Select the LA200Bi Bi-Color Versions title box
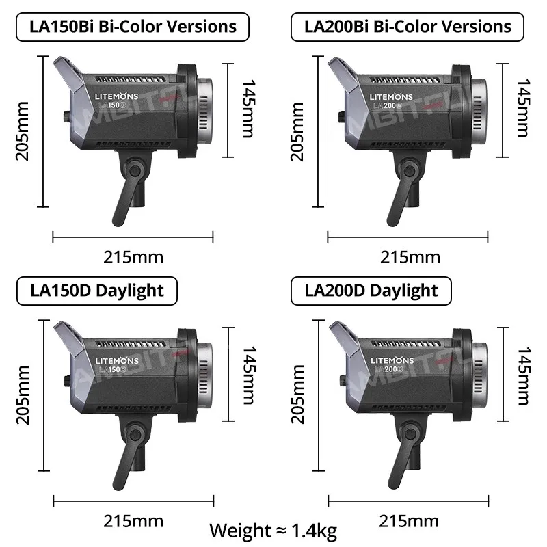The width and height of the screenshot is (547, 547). click(x=408, y=27)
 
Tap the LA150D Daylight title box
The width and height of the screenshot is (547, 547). click(x=97, y=290)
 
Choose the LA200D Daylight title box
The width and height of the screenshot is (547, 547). click(x=371, y=290)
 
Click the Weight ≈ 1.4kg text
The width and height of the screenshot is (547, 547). click(x=272, y=530)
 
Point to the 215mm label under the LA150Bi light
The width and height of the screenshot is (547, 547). click(x=133, y=257)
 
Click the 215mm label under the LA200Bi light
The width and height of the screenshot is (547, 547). click(x=410, y=257)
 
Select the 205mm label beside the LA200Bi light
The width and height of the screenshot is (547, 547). click(x=297, y=131)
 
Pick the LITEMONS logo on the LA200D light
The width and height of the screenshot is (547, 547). click(x=392, y=360)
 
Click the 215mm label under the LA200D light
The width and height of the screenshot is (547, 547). click(x=410, y=520)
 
